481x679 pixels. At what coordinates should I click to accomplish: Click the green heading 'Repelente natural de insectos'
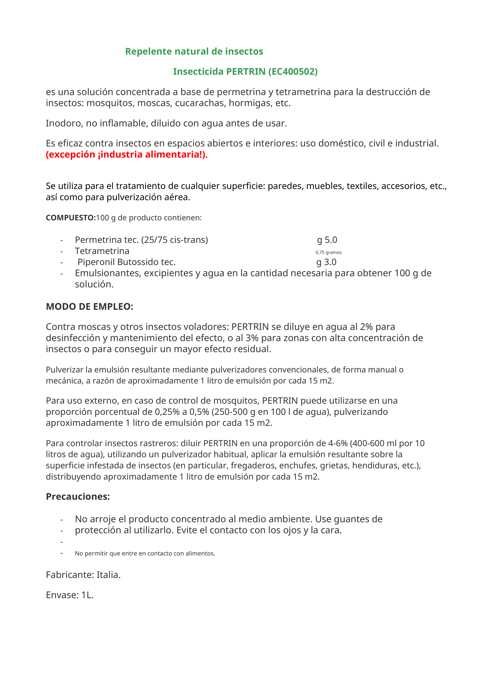(x=194, y=51)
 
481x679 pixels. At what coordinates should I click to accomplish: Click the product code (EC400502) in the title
(x=293, y=72)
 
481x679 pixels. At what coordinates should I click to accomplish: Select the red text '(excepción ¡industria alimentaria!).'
(x=127, y=154)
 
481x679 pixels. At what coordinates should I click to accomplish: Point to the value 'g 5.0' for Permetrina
(x=327, y=240)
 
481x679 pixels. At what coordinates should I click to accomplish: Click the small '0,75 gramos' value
(x=328, y=252)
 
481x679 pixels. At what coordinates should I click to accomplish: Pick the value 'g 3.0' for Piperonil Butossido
(x=326, y=262)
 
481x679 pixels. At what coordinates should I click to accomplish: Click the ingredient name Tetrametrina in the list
(x=102, y=251)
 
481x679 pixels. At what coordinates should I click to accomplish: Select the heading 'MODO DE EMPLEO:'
(x=90, y=306)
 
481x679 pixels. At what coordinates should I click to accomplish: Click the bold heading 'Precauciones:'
(x=78, y=496)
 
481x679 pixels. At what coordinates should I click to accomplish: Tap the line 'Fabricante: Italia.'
(x=83, y=574)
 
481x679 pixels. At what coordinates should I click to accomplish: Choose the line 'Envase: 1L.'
(x=70, y=595)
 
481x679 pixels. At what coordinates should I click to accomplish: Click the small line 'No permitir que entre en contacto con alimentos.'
(x=145, y=553)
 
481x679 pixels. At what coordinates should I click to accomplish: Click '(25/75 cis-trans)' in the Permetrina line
(x=175, y=240)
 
